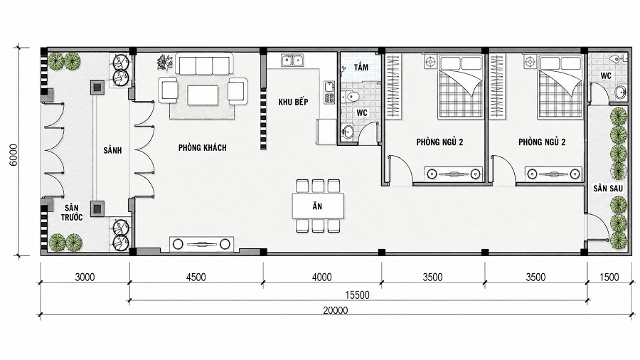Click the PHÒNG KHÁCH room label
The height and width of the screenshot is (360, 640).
click(x=202, y=147)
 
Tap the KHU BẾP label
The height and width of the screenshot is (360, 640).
click(x=293, y=102)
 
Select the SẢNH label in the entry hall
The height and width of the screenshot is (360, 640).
click(x=112, y=150)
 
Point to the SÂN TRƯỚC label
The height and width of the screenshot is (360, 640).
click(x=72, y=212)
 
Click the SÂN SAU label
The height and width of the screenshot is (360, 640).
click(x=608, y=188)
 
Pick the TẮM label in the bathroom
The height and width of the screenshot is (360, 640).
click(x=361, y=67)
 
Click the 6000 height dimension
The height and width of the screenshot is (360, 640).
click(x=14, y=154)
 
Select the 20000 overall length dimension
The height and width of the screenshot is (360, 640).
click(x=336, y=310)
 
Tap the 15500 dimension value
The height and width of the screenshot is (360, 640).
click(x=357, y=295)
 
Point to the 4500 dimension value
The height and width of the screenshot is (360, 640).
click(x=196, y=277)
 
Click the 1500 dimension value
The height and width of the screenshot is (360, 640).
click(x=609, y=277)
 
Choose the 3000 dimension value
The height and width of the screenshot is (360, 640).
click(x=85, y=277)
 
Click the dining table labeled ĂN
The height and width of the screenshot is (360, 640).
click(x=318, y=206)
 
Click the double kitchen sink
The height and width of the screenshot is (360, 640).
click(x=293, y=60)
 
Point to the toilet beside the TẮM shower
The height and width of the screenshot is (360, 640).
click(x=351, y=97)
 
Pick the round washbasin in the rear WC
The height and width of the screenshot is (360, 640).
click(x=620, y=92)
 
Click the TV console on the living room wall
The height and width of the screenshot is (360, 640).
click(x=202, y=244)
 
